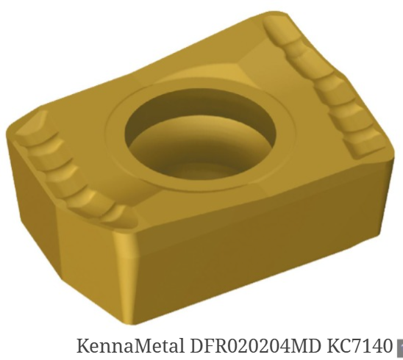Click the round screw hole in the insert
(x=200, y=140)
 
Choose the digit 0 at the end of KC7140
(x=388, y=346)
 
